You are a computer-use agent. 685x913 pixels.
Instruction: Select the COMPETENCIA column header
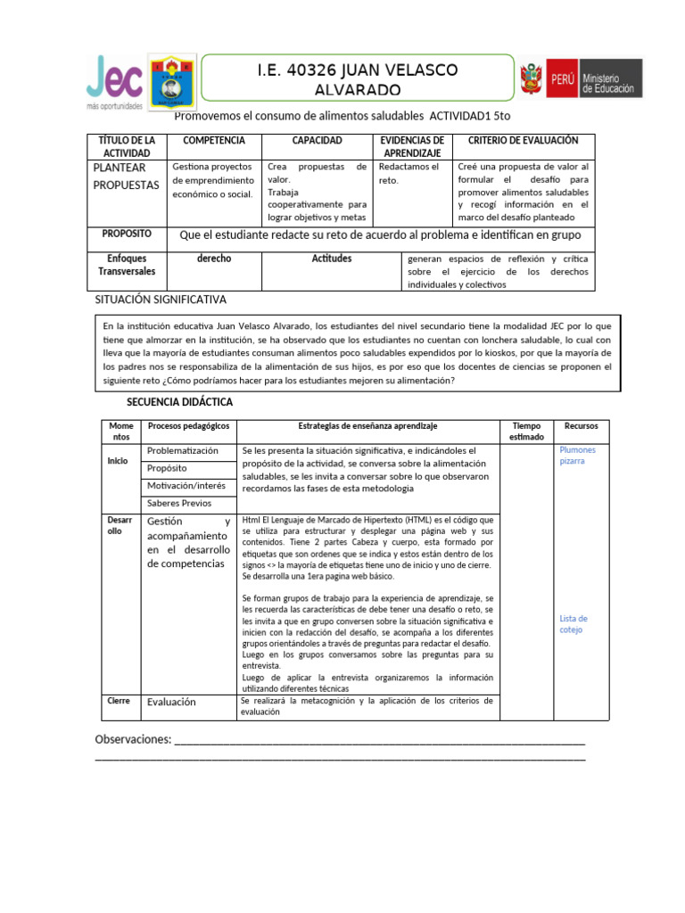(213, 141)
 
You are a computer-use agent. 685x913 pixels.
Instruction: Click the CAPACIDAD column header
(317, 141)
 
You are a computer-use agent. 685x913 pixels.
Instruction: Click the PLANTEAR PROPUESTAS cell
(126, 177)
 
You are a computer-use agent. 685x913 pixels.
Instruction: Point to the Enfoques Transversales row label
(127, 265)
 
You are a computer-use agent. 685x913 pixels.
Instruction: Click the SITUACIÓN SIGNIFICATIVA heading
(161, 300)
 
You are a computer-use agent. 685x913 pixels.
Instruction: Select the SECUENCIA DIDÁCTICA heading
(179, 402)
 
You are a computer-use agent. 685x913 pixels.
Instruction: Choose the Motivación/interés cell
(186, 485)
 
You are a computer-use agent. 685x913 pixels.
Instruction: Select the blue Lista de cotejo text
(573, 623)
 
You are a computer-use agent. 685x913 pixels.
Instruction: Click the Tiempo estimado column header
(526, 432)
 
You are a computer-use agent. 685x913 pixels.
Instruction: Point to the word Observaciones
(132, 740)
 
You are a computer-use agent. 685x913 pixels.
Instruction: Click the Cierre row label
(119, 701)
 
